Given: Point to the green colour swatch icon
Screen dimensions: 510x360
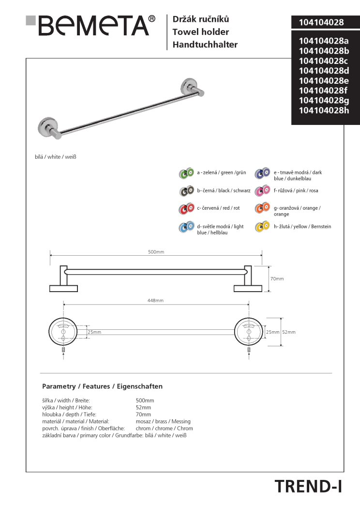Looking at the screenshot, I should pyautogui.click(x=186, y=173).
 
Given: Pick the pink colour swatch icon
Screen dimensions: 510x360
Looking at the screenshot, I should pyautogui.click(x=262, y=191).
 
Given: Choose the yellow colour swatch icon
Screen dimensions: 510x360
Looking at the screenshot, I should pyautogui.click(x=262, y=227).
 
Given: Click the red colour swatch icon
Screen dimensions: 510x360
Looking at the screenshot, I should pyautogui.click(x=186, y=209).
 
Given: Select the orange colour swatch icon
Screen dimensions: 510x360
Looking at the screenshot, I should pyautogui.click(x=262, y=209).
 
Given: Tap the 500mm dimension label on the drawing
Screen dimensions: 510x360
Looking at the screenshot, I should pyautogui.click(x=156, y=252).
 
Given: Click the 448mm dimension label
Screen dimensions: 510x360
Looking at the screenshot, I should pyautogui.click(x=155, y=301).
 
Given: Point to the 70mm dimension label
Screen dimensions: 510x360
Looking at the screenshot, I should pyautogui.click(x=277, y=279).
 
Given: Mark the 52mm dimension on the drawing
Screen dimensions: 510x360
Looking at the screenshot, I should pyautogui.click(x=288, y=332).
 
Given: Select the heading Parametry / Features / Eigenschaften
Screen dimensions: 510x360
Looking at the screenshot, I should pyautogui.click(x=103, y=386).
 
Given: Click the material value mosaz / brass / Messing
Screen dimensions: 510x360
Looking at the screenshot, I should pyautogui.click(x=163, y=421).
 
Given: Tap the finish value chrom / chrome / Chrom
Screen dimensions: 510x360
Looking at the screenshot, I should pyautogui.click(x=164, y=428).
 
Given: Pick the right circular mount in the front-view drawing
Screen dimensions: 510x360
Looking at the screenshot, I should pyautogui.click(x=249, y=332).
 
